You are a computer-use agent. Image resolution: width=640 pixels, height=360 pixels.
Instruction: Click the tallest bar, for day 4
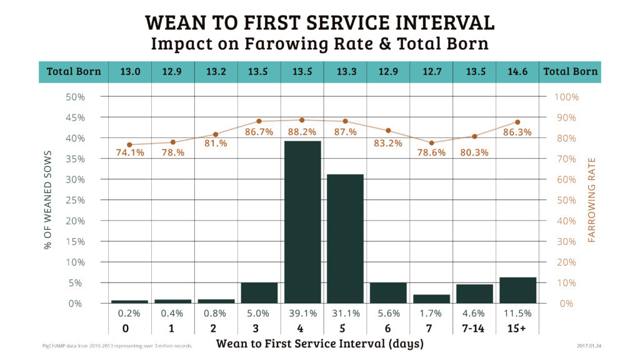[x=302, y=222]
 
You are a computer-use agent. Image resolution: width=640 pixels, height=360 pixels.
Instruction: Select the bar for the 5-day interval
[x=345, y=238]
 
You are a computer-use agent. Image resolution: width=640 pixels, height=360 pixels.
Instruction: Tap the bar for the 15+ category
[x=517, y=290]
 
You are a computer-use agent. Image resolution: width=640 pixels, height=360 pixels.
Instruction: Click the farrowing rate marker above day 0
[x=129, y=145]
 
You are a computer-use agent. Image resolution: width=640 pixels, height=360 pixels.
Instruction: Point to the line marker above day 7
[x=431, y=143]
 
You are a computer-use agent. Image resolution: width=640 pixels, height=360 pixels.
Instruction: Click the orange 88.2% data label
[x=302, y=132]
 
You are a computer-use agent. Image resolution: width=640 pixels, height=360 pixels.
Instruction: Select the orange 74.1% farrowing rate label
[x=130, y=153]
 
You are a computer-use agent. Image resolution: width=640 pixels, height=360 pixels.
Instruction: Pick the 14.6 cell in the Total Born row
[x=517, y=71]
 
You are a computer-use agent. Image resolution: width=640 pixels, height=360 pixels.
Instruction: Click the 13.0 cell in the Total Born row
[x=130, y=71]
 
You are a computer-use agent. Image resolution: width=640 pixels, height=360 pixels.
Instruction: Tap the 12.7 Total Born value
[x=431, y=71]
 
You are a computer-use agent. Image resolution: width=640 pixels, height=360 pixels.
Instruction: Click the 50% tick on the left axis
[x=75, y=97]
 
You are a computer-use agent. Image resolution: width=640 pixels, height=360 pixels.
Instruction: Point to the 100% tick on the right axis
[x=567, y=97]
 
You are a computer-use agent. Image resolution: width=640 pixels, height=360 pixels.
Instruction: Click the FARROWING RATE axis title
[x=592, y=200]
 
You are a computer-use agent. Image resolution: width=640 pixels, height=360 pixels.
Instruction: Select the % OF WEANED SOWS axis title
[x=47, y=200]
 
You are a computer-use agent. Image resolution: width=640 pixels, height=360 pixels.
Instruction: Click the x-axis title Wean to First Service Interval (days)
[x=319, y=344]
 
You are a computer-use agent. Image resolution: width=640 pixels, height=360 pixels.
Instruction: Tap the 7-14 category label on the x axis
[x=474, y=328]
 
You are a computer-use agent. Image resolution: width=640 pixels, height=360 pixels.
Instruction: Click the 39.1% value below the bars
[x=302, y=313]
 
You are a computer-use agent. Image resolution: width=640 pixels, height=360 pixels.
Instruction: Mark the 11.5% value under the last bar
[x=517, y=313]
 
